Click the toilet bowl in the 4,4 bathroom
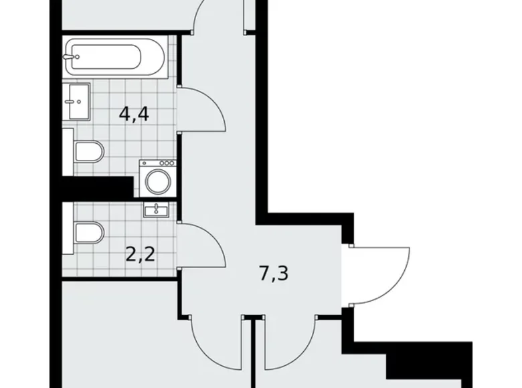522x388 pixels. (89, 153)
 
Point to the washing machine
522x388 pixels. (157, 179)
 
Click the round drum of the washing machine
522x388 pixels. (157, 181)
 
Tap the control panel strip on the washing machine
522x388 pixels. (157, 163)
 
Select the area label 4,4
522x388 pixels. (134, 114)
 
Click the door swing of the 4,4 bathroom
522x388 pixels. (204, 110)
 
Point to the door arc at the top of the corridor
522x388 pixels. (205, 17)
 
